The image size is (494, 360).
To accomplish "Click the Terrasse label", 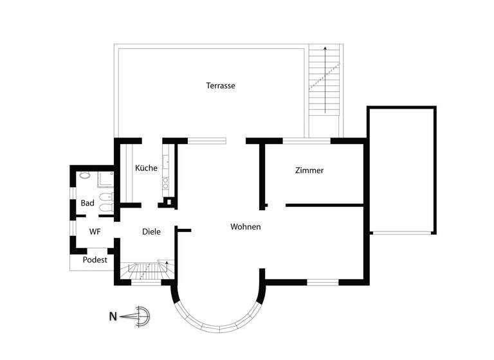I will tap(221, 85).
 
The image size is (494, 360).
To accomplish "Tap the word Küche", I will tap(147, 168).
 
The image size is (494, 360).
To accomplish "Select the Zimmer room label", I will tap(309, 171).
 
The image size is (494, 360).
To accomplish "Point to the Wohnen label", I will tap(246, 227).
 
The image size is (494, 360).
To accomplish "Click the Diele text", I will tap(151, 231).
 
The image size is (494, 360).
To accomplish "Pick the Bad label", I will tap(87, 203).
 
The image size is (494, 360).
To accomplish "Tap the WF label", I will tap(95, 231).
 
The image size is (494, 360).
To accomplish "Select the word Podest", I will tap(95, 260).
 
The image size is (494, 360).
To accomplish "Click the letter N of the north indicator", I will tap(113, 316).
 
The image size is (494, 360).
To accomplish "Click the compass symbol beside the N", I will tap(140, 316).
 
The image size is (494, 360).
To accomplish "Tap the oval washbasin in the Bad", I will tap(84, 175).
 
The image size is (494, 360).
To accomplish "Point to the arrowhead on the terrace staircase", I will tap(325, 49).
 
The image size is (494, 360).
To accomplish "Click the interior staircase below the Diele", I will tap(147, 270).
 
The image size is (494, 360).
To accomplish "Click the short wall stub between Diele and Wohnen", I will tap(184, 230).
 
